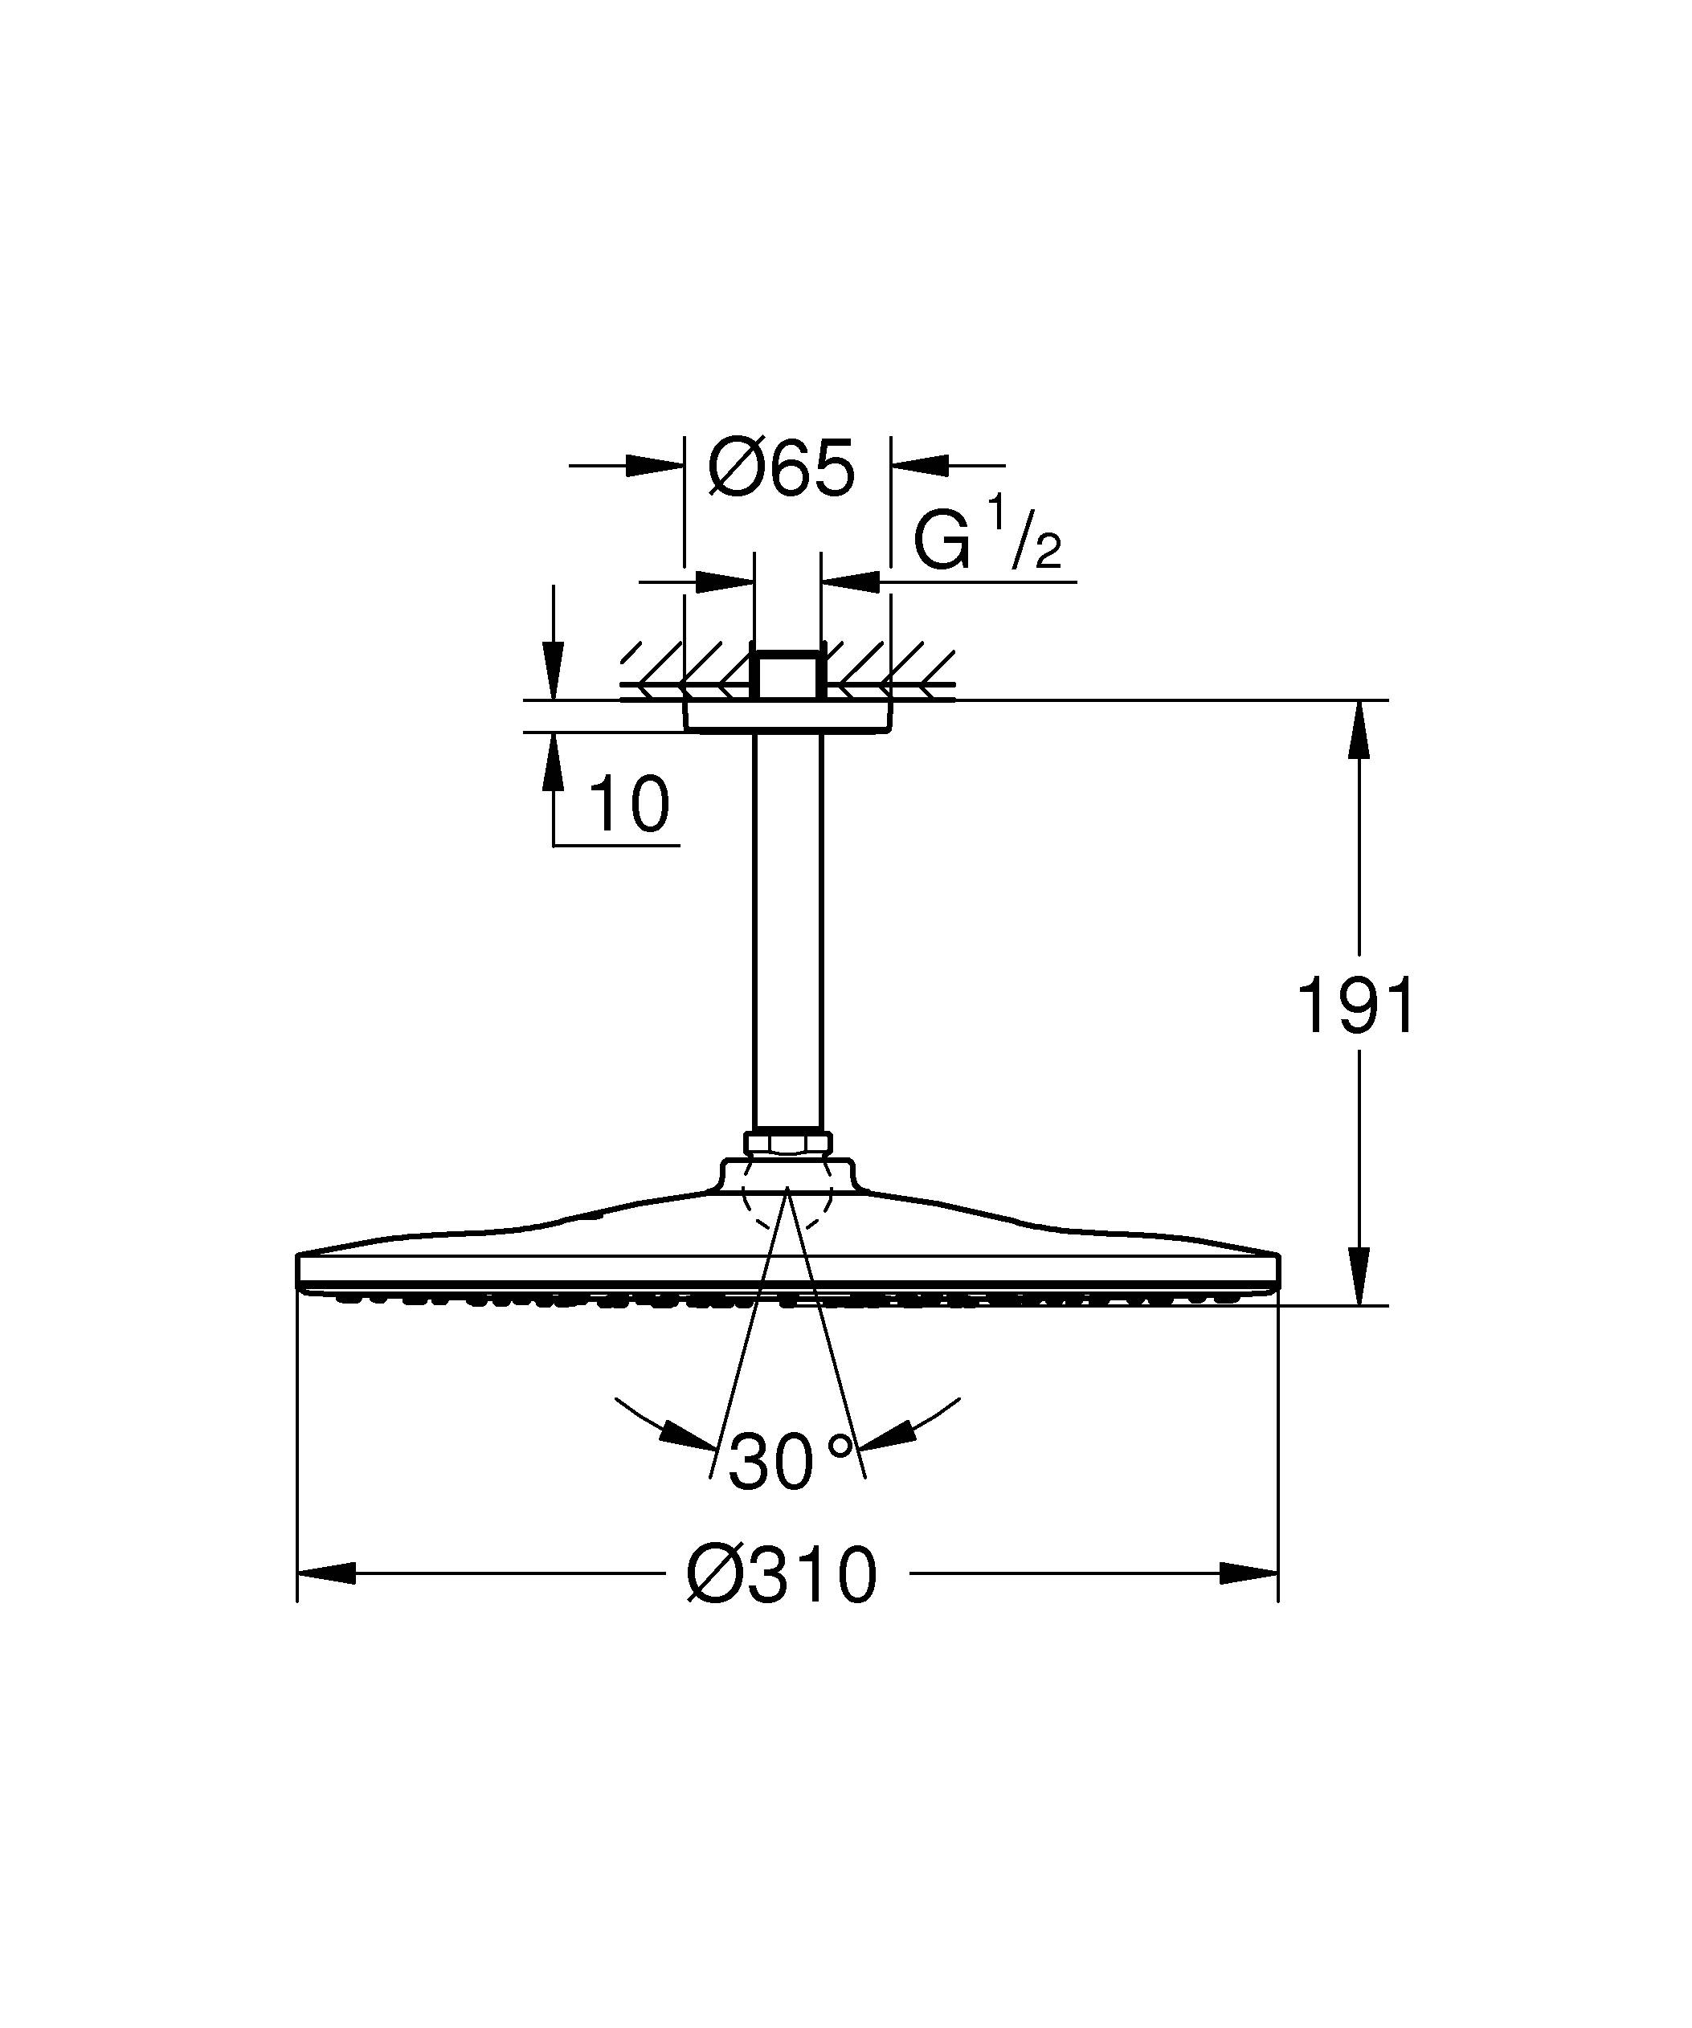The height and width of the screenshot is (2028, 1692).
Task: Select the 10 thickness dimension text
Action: click(x=627, y=806)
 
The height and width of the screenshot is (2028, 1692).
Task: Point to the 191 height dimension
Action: click(x=1357, y=1006)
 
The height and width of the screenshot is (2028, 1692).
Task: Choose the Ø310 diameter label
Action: click(x=783, y=1575)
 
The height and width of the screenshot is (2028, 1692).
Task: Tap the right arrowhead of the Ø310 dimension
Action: click(x=1249, y=1574)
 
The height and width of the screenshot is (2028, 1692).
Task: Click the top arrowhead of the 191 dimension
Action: click(x=1359, y=729)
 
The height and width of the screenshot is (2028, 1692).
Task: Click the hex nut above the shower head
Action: click(x=787, y=1142)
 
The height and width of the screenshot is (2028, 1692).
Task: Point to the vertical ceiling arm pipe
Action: click(x=787, y=927)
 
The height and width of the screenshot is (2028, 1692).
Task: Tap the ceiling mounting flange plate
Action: click(x=787, y=716)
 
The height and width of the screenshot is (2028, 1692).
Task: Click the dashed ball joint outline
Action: click(x=787, y=1212)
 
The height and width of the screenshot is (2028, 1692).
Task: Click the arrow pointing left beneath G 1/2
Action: click(x=852, y=581)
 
